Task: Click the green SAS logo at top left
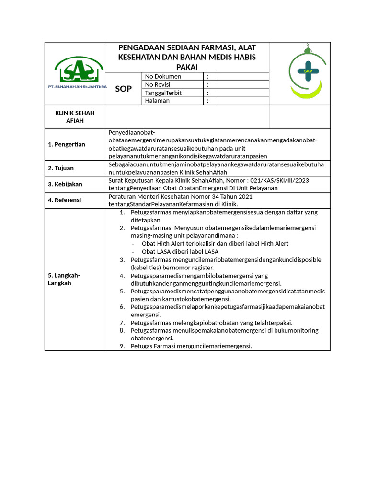coord(79,70)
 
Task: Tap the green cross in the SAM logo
coord(308,71)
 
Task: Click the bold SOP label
coord(124,89)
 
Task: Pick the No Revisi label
coord(158,84)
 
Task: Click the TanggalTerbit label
coord(163,93)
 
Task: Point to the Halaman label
coord(157,101)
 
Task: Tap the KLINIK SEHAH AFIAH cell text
coord(75,117)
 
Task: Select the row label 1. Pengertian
coord(66,144)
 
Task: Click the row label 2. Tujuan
coord(60,168)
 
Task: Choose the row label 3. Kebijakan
coord(65,184)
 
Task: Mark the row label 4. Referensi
coord(64,200)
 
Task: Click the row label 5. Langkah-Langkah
coord(64,279)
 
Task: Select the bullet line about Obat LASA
coord(180,251)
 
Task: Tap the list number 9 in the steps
coord(122,346)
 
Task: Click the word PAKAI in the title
coord(187,67)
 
